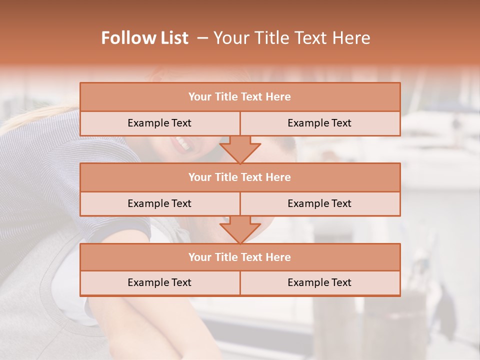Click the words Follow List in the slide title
(145, 38)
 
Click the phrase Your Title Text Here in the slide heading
(292, 38)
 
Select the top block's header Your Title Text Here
(239, 96)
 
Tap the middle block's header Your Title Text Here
(239, 177)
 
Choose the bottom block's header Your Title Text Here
(239, 257)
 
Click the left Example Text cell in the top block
(159, 123)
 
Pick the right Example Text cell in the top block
(319, 123)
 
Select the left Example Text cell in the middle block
(159, 203)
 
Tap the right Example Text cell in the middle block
(319, 203)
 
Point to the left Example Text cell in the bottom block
(159, 282)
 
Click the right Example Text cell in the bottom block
(319, 282)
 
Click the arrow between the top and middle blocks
(240, 149)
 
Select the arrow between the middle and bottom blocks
(240, 229)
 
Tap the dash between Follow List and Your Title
(202, 38)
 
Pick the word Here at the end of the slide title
(354, 38)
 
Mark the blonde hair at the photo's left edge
(25, 117)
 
